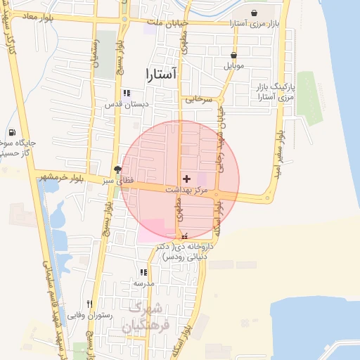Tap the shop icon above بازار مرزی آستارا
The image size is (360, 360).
tap(254, 13)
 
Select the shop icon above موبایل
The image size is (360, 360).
tap(233, 56)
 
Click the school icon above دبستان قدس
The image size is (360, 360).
tap(127, 93)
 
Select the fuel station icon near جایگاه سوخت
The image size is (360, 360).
tap(12, 133)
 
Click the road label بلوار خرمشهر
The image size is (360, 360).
tap(62, 176)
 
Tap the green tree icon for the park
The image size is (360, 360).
tap(117, 169)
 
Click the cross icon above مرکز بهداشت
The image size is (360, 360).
tap(186, 179)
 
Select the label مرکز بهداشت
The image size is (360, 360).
tap(186, 190)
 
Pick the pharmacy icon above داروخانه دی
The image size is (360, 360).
tap(185, 237)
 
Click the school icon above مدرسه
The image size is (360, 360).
tap(143, 272)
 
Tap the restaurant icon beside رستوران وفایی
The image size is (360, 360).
tap(89, 304)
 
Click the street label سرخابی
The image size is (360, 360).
tap(199, 100)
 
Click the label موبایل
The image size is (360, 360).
tap(233, 66)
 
